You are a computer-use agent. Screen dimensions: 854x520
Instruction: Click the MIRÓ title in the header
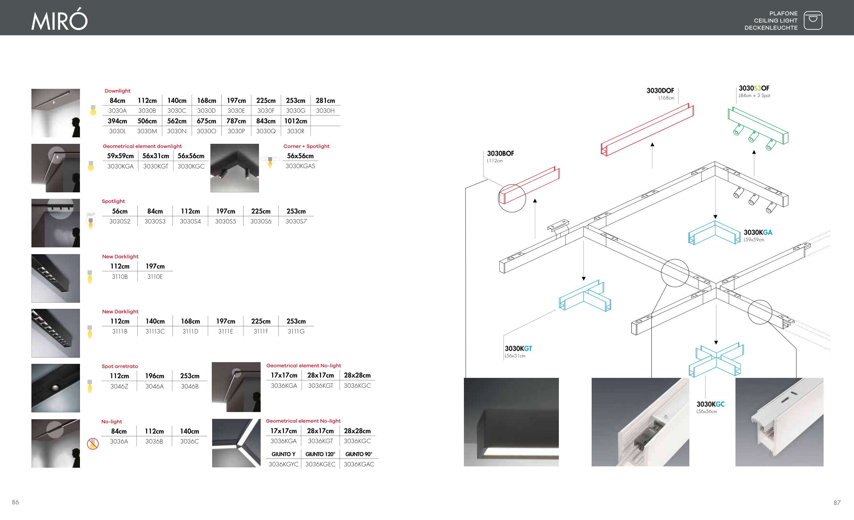[60, 20]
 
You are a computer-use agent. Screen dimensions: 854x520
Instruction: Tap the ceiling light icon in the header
[813, 20]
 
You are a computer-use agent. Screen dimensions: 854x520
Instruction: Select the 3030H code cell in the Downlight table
[325, 111]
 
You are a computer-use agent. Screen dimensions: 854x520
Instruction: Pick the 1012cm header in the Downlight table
[295, 121]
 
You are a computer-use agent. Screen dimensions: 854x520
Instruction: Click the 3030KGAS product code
[300, 166]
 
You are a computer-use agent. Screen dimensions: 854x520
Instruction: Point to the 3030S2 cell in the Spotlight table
[120, 221]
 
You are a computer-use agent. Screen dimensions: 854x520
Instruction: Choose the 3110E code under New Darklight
[155, 277]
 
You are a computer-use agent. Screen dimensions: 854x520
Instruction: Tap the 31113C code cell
[155, 331]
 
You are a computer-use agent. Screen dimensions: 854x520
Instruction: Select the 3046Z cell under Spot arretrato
[119, 386]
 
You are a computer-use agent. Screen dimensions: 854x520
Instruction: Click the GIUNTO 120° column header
[320, 454]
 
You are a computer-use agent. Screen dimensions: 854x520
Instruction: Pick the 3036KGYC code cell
[283, 464]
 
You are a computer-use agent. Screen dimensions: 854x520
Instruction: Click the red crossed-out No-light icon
[93, 443]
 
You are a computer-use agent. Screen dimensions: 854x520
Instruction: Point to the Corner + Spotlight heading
[306, 146]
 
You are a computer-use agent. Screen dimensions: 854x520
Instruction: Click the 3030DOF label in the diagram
[660, 91]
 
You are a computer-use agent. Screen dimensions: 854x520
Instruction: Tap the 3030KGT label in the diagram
[518, 348]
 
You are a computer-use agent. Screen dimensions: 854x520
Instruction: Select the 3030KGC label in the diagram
[711, 404]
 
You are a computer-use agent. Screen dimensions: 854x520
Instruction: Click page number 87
[837, 503]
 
